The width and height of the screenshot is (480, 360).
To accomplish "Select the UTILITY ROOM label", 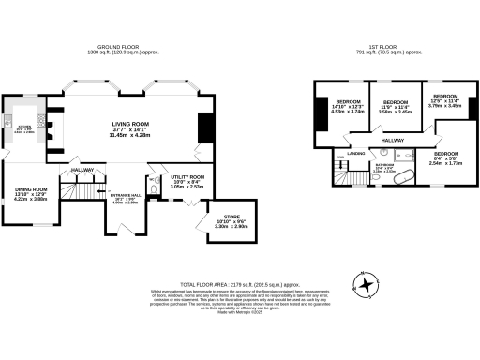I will (187, 176).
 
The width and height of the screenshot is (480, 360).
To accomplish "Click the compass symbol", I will (364, 282).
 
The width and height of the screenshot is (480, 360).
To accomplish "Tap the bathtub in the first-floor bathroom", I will (406, 175).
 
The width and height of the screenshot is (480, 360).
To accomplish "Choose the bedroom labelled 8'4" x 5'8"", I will (445, 157).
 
